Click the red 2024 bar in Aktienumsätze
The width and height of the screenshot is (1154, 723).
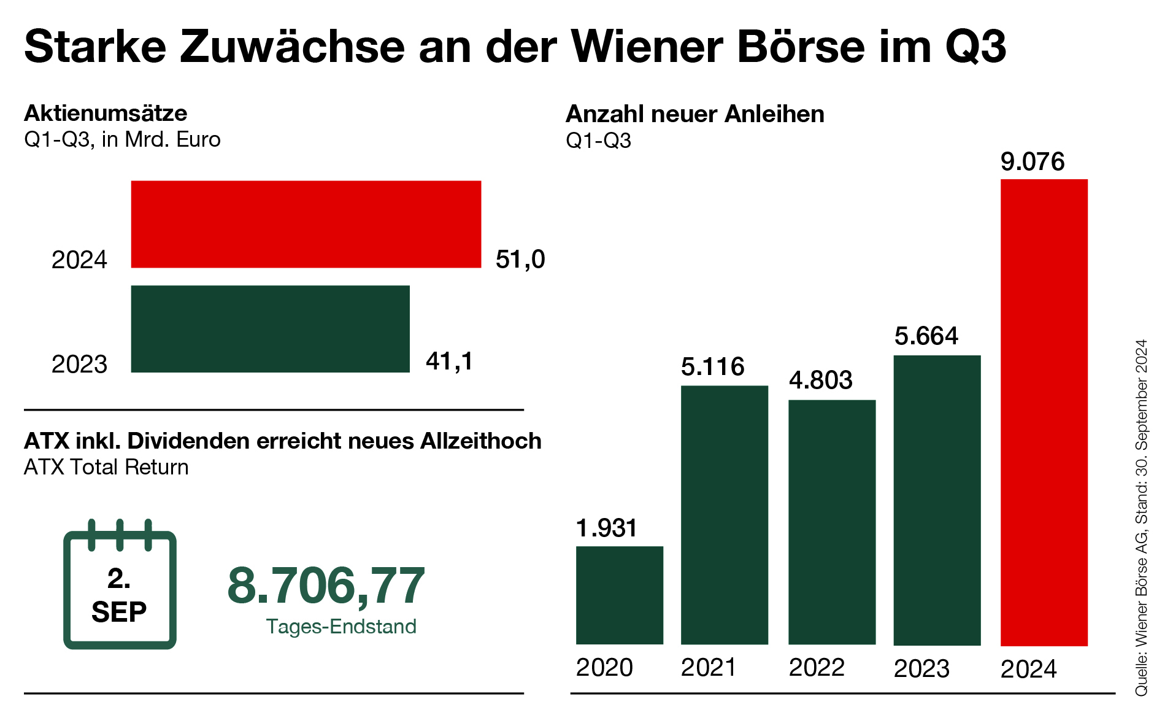pos(306,224)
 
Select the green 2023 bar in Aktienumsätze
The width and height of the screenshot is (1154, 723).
pos(270,328)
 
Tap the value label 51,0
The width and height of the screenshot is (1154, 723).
pos(520,260)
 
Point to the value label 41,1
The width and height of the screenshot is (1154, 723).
pos(449,361)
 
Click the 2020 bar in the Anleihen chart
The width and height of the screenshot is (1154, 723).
pos(619,595)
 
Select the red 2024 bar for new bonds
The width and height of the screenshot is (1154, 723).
pos(1044,412)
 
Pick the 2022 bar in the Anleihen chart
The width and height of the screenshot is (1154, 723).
pos(831,522)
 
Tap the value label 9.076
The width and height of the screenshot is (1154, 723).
pos(1033,161)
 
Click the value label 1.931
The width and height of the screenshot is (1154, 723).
pos(607,528)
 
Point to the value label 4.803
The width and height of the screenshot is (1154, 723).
pos(820,381)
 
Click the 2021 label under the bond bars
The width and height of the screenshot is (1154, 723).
pos(709,668)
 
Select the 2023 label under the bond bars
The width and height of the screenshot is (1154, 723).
pos(921,668)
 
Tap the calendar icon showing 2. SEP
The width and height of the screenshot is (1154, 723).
pos(120,586)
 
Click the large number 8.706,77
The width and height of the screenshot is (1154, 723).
pos(326,586)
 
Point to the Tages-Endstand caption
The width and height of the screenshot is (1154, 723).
pos(341,627)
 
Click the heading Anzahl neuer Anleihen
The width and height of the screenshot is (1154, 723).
pos(694,114)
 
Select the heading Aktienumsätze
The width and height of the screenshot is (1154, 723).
pos(106,113)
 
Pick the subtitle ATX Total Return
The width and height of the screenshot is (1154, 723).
pos(106,467)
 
